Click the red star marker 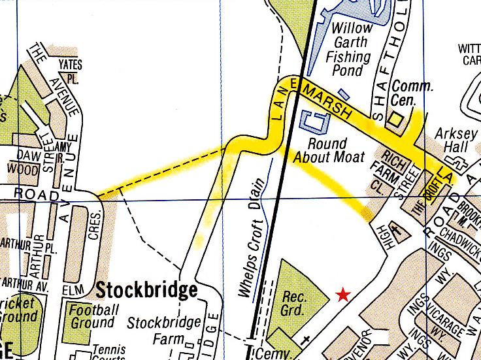(x=342, y=295)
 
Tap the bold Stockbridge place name (x=147, y=289)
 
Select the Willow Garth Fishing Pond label (x=352, y=48)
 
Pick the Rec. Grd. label (x=295, y=303)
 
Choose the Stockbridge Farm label (x=163, y=331)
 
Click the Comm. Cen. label (x=412, y=93)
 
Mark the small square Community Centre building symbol (x=395, y=119)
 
